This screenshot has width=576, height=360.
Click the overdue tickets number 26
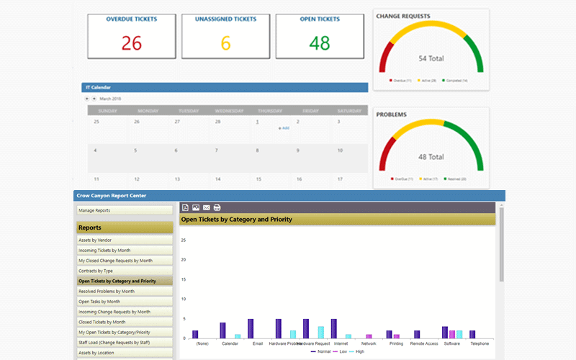coord(131,43)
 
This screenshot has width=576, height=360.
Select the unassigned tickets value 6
coord(225,43)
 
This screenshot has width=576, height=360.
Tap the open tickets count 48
coord(319,43)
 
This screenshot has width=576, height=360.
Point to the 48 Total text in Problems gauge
coord(431,156)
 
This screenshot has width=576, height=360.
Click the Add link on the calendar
coord(284,128)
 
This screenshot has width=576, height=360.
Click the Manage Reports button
coord(125,210)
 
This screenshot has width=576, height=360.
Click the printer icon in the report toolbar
coord(217,207)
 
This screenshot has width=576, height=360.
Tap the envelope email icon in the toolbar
coord(207,207)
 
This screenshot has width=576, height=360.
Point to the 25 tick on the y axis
coord(184,240)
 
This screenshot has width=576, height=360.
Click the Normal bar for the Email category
coord(251,328)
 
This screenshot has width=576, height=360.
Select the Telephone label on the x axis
coord(480,343)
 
